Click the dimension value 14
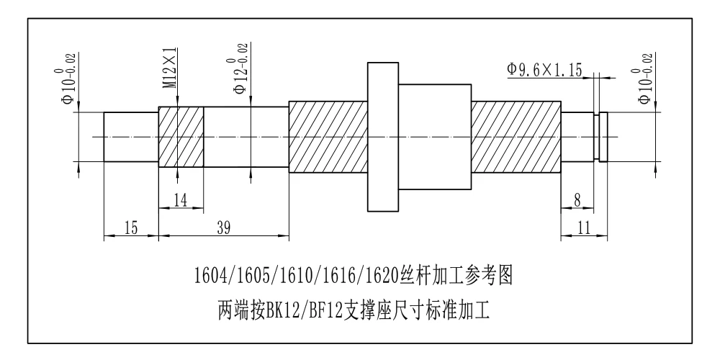(181, 200)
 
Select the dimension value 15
(131, 228)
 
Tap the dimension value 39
(223, 228)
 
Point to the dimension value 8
(577, 200)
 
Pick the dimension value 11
(584, 228)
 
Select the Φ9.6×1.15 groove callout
(544, 71)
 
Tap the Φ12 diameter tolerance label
(241, 69)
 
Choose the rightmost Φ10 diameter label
(645, 79)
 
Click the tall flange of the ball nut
(383, 137)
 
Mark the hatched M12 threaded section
(181, 137)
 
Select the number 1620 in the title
(379, 276)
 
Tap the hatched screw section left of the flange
(328, 137)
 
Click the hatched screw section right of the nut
(516, 137)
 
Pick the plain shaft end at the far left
(131, 137)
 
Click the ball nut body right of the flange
(435, 137)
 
